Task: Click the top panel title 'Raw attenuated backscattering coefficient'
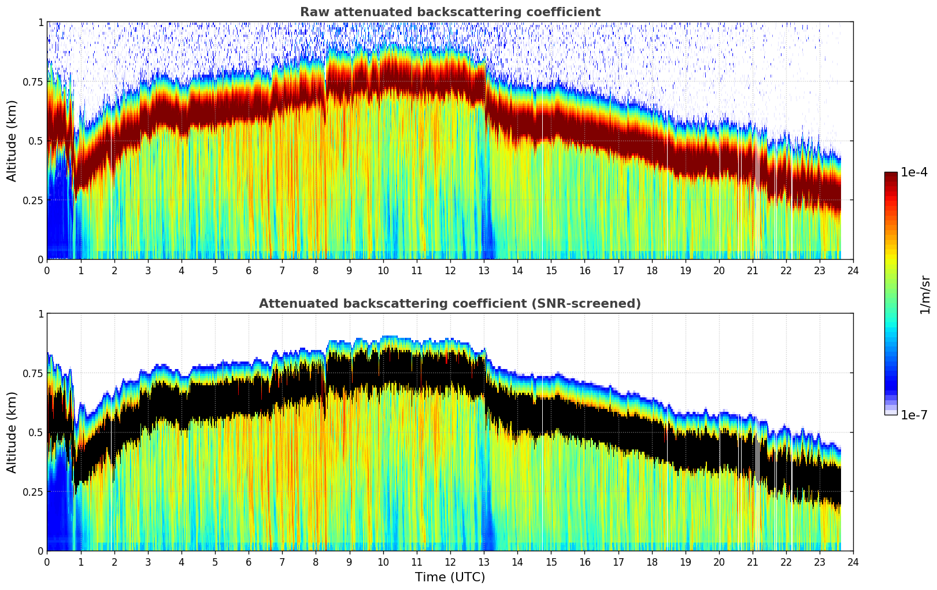(450, 12)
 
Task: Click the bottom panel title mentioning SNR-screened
(450, 304)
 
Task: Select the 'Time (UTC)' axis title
(450, 577)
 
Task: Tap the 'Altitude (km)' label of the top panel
(12, 141)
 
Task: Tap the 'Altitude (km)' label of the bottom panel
(12, 432)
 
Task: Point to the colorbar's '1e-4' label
(914, 172)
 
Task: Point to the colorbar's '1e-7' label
(914, 415)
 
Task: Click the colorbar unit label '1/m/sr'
(925, 294)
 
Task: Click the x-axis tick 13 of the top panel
(484, 270)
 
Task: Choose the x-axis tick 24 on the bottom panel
(853, 562)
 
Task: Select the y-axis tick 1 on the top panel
(40, 22)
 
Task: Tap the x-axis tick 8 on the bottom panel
(316, 562)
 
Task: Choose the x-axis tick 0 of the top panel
(47, 270)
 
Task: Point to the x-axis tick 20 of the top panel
(719, 270)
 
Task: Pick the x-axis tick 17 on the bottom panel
(618, 562)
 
